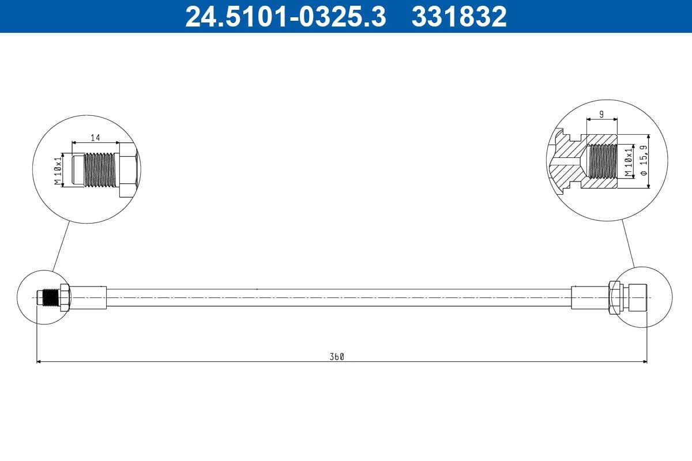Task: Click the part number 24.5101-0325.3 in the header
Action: (x=285, y=16)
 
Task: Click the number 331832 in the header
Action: (x=458, y=16)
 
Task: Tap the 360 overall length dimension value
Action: (x=337, y=357)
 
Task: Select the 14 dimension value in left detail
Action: (x=95, y=137)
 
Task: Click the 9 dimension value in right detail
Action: (x=601, y=115)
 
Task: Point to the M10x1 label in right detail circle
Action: (x=629, y=163)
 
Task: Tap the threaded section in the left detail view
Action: (x=100, y=169)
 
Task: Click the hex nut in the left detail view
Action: (x=127, y=170)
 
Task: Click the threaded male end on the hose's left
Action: (x=50, y=297)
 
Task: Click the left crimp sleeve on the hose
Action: (x=88, y=297)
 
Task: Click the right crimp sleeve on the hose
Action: (x=589, y=297)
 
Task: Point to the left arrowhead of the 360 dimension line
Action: (x=39, y=362)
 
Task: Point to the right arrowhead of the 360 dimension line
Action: (x=644, y=362)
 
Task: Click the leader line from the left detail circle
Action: (x=62, y=245)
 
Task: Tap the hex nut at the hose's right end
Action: (x=614, y=297)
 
